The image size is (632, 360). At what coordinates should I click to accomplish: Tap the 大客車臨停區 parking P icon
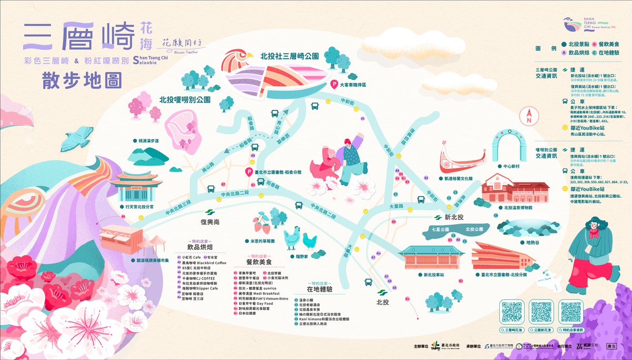pyautogui.click(x=334, y=84)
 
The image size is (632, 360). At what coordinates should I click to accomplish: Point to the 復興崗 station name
pyautogui.click(x=209, y=222)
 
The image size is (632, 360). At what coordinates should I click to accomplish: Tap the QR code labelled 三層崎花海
pyautogui.click(x=511, y=312)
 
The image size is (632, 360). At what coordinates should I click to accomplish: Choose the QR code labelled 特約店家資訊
pyautogui.click(x=571, y=312)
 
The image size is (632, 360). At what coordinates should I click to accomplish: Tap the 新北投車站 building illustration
pyautogui.click(x=431, y=257)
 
